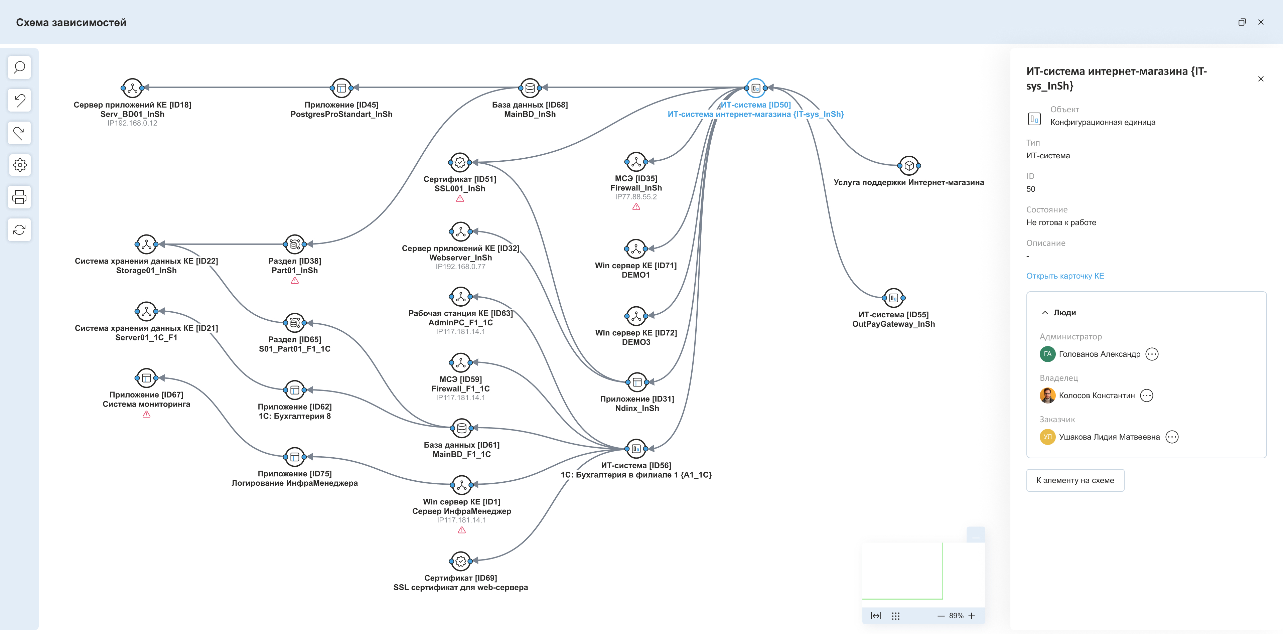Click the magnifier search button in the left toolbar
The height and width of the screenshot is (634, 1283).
(x=19, y=67)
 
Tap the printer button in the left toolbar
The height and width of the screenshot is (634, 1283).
(x=19, y=197)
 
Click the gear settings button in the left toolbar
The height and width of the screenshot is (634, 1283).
(x=19, y=165)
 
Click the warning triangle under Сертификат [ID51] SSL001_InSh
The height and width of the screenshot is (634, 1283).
(x=460, y=199)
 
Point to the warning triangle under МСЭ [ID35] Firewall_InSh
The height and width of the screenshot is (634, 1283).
(x=636, y=207)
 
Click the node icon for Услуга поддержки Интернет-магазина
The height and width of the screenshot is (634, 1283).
(x=909, y=165)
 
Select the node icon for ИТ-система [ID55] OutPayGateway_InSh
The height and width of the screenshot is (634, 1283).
(x=893, y=298)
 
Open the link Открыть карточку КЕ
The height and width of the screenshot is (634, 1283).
(x=1065, y=276)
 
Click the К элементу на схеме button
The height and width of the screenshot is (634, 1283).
(x=1075, y=480)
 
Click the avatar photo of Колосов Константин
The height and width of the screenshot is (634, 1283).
(x=1047, y=395)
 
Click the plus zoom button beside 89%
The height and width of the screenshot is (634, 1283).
(x=971, y=616)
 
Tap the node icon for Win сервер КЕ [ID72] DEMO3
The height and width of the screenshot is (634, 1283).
(x=636, y=316)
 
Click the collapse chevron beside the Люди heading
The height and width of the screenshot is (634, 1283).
(x=1045, y=313)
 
